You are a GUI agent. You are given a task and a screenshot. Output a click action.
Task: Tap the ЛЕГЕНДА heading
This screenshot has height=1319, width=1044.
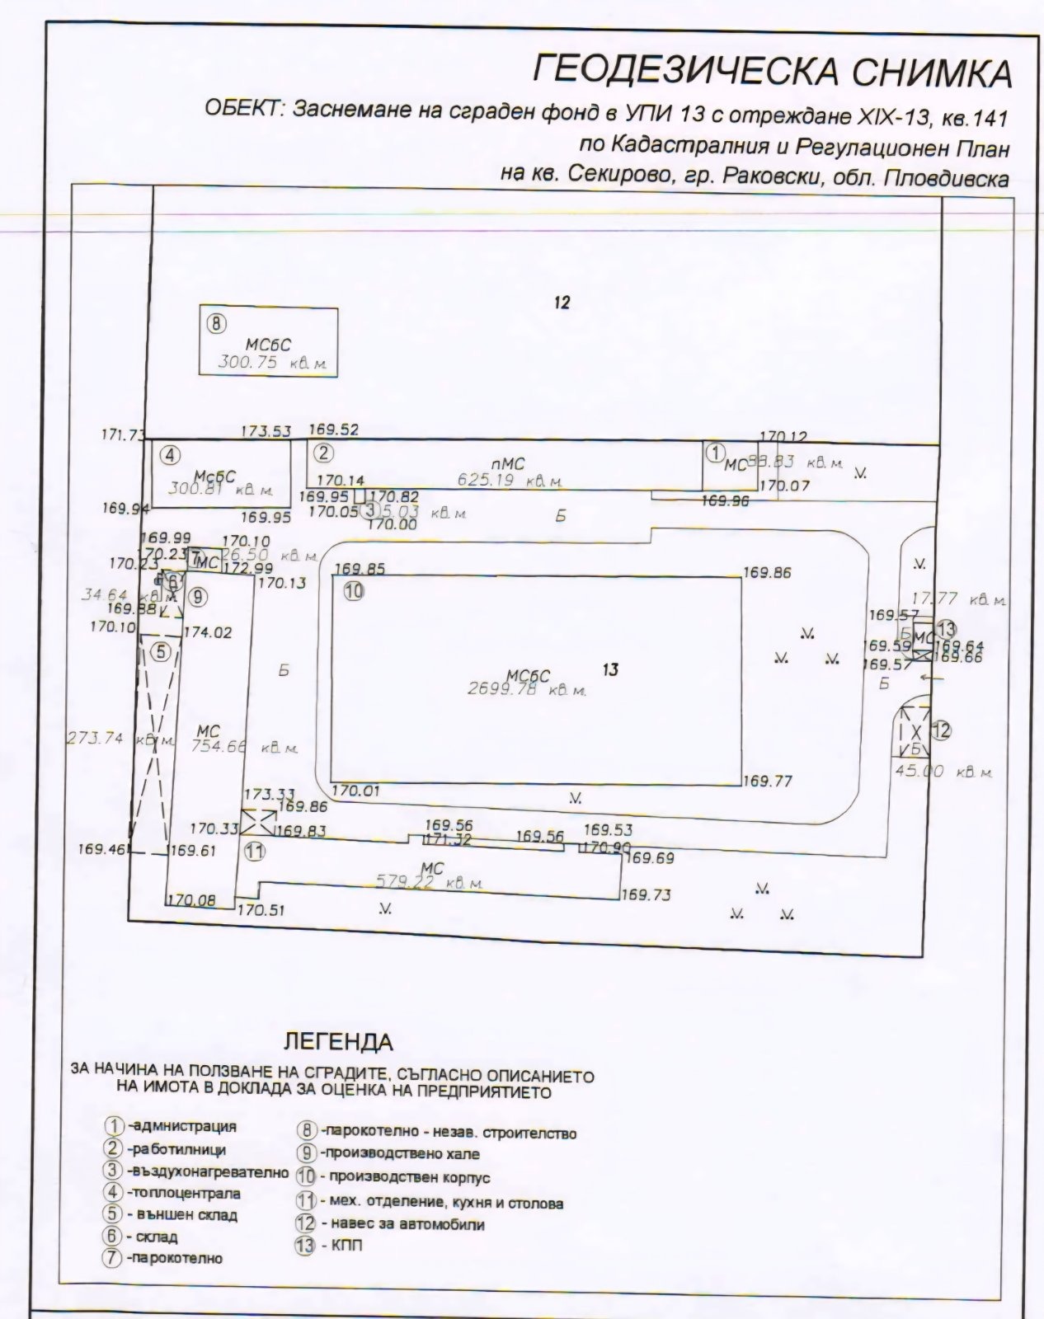pos(338,1041)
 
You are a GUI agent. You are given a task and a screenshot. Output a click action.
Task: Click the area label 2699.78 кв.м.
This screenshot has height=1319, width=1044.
pos(526,690)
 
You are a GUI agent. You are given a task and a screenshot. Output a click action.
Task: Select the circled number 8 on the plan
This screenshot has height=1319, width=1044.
pos(214,324)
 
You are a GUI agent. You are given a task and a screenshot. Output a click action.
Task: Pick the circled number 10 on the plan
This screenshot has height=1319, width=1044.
pos(355,591)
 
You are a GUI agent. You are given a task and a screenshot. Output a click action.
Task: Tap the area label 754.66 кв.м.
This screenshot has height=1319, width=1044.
pos(244,748)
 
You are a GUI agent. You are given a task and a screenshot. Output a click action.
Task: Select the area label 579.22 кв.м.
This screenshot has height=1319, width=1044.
pos(429,882)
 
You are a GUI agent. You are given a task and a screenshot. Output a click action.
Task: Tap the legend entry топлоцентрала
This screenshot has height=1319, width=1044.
pos(183,1193)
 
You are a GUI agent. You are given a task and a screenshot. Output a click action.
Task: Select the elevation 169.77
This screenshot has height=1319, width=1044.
pos(768,781)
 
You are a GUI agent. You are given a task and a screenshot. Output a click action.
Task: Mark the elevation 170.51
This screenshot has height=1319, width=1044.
pos(261,911)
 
